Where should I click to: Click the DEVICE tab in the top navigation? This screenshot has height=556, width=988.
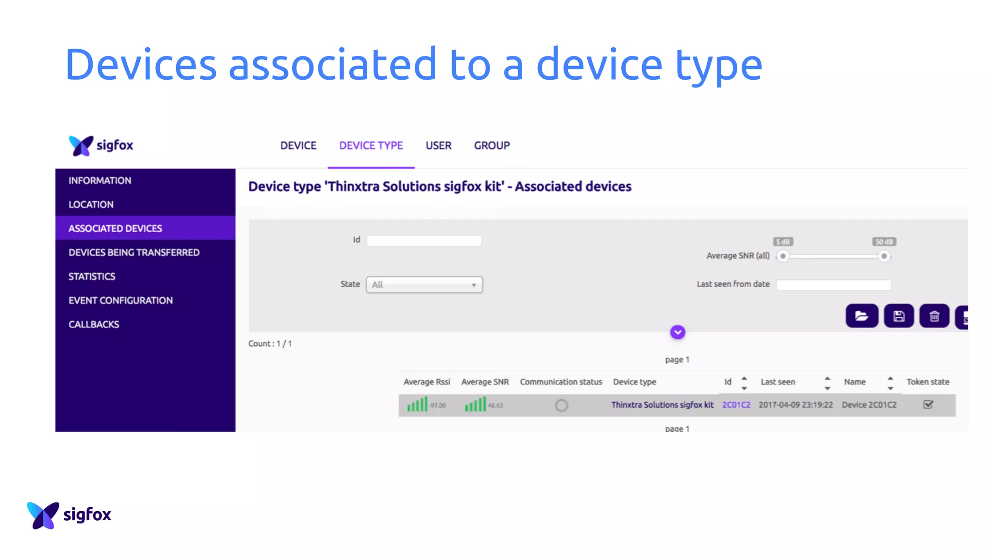[x=298, y=145]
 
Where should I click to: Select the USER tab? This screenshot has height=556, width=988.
[x=438, y=145]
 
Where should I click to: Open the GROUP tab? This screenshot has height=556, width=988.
[x=492, y=145]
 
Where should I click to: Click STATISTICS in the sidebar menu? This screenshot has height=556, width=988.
[x=92, y=277]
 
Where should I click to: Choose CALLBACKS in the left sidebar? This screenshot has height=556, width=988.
[x=94, y=324]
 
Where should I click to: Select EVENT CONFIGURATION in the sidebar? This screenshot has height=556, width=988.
[x=120, y=300]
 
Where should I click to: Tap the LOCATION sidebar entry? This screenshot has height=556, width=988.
[x=91, y=204]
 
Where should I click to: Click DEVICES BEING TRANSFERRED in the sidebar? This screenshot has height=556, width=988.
[x=134, y=252]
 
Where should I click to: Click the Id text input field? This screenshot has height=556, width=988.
[x=424, y=240]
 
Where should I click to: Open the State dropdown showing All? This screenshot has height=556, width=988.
[x=424, y=285]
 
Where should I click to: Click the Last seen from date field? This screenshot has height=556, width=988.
[x=833, y=285]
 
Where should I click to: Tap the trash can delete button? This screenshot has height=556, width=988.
[x=934, y=316]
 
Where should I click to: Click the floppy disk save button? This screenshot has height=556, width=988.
[x=898, y=316]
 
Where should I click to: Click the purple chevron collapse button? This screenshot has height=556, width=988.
[x=677, y=332]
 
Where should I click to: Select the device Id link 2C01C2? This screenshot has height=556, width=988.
[x=736, y=405]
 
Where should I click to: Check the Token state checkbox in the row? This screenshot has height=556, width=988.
[x=928, y=404]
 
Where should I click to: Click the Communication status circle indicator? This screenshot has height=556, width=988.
[x=561, y=405]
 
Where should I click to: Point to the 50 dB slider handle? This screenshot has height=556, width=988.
[x=884, y=256]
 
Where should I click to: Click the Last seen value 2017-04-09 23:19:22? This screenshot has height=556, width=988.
[x=796, y=405]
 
